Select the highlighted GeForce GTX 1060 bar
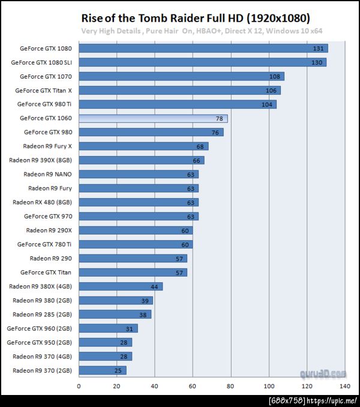(x=152, y=118)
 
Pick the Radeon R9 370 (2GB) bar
(x=102, y=370)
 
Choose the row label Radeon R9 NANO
(x=47, y=174)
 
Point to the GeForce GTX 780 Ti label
(x=44, y=244)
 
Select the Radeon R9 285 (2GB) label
(x=42, y=314)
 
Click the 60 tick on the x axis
(x=193, y=386)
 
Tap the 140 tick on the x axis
(x=344, y=386)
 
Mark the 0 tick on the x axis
(x=79, y=386)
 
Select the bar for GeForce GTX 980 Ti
(x=177, y=104)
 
